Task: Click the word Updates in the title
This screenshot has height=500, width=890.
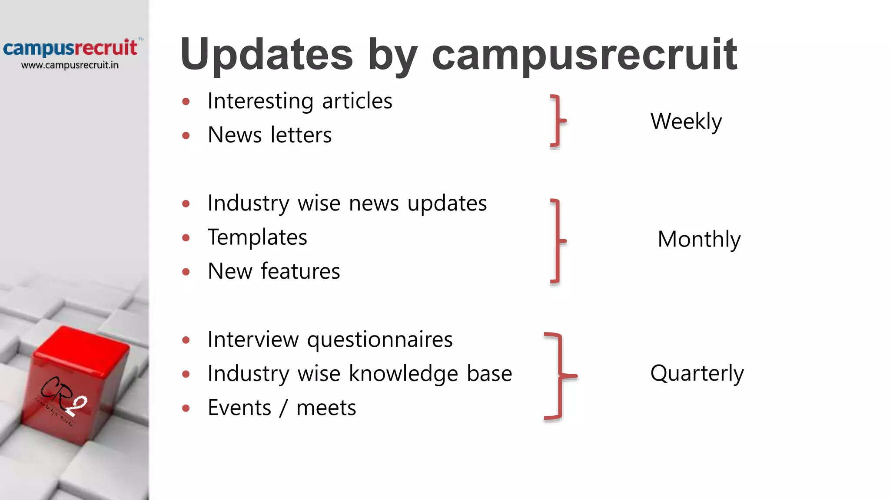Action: point(266,55)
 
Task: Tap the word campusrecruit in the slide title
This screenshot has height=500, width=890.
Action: point(584,55)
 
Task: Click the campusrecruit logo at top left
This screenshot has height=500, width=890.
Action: point(70,48)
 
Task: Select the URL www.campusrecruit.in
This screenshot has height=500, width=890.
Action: point(70,65)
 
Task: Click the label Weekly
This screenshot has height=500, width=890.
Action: point(686,121)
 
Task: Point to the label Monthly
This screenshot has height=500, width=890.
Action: point(699,239)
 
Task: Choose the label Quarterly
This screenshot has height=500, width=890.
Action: point(697,373)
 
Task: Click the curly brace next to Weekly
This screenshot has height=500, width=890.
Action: point(558,121)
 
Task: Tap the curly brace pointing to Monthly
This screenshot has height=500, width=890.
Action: point(558,241)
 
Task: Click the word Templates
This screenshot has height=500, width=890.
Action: point(257,237)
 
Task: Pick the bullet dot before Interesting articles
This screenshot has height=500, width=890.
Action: point(186,102)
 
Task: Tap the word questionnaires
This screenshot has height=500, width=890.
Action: point(379,340)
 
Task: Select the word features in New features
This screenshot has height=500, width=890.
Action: point(300,272)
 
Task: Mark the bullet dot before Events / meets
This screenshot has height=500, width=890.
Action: point(186,408)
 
